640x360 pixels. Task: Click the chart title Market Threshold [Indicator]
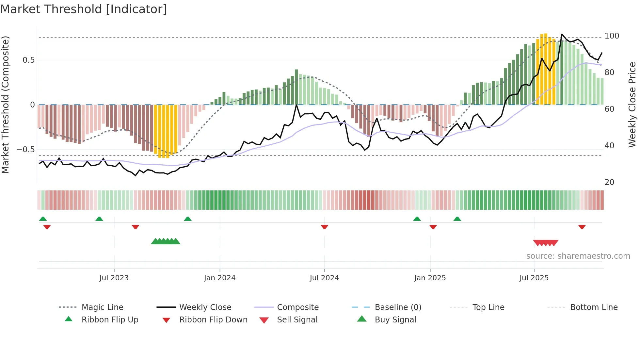coord(84,9)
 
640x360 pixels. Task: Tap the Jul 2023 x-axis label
coord(114,278)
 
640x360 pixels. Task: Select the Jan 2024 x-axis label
coord(219,278)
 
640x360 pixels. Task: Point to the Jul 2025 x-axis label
coord(534,278)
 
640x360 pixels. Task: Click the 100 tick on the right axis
coord(612,36)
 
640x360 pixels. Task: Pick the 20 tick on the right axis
coord(609,182)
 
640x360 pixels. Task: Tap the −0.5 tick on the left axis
coord(25,150)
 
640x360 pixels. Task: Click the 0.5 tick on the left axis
coord(28,60)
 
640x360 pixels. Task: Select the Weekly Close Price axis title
coord(632,105)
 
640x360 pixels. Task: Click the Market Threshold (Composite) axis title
coord(5,105)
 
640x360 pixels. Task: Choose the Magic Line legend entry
coord(102,307)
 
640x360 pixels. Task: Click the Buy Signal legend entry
coord(395,320)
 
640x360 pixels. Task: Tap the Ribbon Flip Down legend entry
coord(213,320)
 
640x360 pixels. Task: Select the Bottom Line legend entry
coord(594,307)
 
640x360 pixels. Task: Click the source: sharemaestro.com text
coord(578,256)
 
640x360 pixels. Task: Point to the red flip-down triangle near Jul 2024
coord(324,227)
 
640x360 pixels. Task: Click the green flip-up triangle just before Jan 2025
coord(417,219)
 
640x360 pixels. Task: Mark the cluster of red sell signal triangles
coord(546,243)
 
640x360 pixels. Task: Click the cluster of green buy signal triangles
coord(166,241)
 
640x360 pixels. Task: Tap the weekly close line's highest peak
coord(562,34)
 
